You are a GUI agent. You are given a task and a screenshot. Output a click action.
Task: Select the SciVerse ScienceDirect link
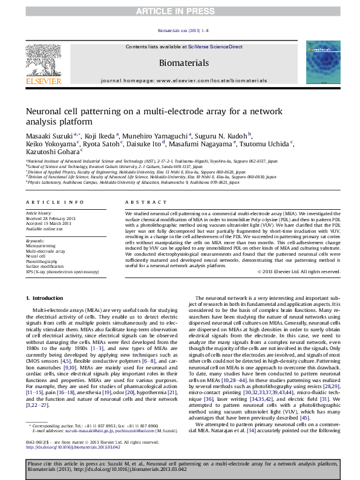(215, 47)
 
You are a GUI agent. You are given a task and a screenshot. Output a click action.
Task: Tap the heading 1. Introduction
(46, 299)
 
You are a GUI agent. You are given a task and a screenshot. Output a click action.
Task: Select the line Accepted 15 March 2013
(48, 224)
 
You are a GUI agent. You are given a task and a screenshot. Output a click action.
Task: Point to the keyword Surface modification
(43, 266)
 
